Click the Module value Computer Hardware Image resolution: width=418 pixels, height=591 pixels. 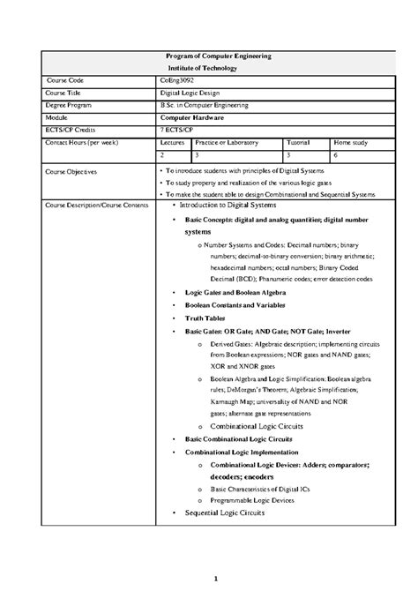coord(194,116)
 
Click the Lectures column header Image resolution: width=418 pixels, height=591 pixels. coord(173,141)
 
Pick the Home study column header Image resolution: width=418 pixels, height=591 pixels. coord(340,141)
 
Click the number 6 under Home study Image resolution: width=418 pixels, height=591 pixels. coord(325,153)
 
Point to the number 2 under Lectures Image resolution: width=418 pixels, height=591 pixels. coord(161,153)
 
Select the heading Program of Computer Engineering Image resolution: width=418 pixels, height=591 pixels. coord(219,56)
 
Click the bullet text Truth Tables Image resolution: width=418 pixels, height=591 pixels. coord(205,318)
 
